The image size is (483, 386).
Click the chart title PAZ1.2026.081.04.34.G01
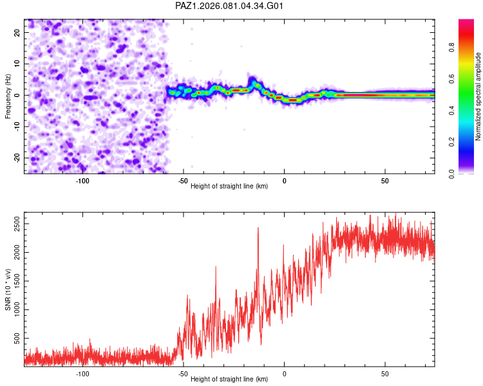pyautogui.click(x=230, y=6)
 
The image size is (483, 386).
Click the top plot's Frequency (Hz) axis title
pyautogui.click(x=8, y=96)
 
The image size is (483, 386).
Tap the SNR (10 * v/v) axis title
pyautogui.click(x=8, y=289)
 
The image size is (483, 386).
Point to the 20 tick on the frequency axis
pyautogui.click(x=17, y=32)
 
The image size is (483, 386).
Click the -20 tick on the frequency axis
pyautogui.click(x=15, y=158)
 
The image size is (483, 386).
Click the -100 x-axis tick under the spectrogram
pyautogui.click(x=82, y=181)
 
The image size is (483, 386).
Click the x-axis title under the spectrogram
pyautogui.click(x=229, y=187)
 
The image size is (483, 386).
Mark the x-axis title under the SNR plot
pyautogui.click(x=229, y=380)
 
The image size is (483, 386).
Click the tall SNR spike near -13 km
pyautogui.click(x=258, y=228)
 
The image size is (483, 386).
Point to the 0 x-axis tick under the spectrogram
pyautogui.click(x=284, y=181)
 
